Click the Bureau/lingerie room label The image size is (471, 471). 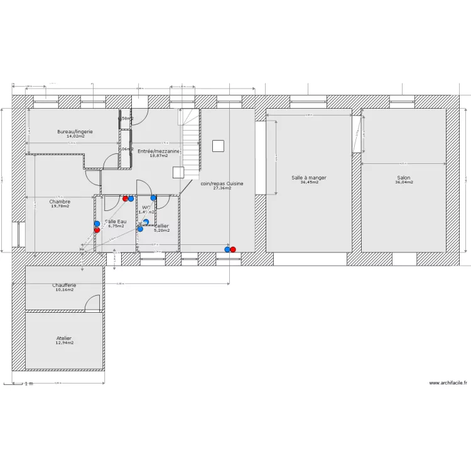point(75,131)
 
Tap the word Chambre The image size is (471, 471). point(60,202)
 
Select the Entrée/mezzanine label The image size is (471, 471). point(159,151)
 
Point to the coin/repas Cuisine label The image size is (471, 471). point(222,183)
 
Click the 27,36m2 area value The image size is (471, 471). point(222,188)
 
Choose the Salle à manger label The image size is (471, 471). point(309,178)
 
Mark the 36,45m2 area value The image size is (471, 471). point(309,182)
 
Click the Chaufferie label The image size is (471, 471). point(64,285)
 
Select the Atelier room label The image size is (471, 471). point(64,338)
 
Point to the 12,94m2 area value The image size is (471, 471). point(64,343)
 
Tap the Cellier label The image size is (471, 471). point(162,225)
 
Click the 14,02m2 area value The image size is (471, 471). point(75,136)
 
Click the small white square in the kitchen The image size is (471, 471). point(218,146)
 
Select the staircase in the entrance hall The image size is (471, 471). point(191,141)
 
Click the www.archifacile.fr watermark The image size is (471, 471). point(448,383)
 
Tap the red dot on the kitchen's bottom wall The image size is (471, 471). point(233,249)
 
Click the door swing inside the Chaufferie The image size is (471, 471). point(93,303)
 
